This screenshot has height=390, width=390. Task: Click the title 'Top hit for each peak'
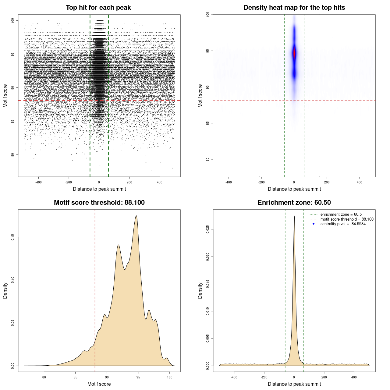point(98,8)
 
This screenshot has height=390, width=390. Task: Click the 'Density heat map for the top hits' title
point(294,8)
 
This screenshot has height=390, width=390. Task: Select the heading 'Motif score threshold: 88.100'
point(99,203)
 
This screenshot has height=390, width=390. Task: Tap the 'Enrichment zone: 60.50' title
point(294,203)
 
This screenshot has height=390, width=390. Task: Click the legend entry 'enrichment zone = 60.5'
point(341,214)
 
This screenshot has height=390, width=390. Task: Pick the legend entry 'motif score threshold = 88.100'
point(347,219)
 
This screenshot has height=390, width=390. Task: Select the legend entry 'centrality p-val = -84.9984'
point(343,224)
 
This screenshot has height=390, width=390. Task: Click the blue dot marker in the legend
point(314,224)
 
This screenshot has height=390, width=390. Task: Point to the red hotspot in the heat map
point(294,53)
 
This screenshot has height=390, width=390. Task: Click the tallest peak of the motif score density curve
point(136,216)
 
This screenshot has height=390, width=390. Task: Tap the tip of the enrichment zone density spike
point(294,216)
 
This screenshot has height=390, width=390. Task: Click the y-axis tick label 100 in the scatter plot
point(13,20)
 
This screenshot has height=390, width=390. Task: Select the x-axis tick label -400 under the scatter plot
point(38,182)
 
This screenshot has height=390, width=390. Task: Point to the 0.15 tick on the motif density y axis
point(13,237)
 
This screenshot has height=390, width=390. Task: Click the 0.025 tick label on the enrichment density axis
point(208,229)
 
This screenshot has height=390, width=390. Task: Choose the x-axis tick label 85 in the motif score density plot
point(76,377)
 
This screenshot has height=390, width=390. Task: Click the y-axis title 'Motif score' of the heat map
point(200,96)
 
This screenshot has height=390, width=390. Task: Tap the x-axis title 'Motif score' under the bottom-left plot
point(99,384)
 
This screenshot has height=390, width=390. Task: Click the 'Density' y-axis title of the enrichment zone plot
point(200,290)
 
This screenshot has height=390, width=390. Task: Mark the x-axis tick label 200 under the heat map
point(327,182)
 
